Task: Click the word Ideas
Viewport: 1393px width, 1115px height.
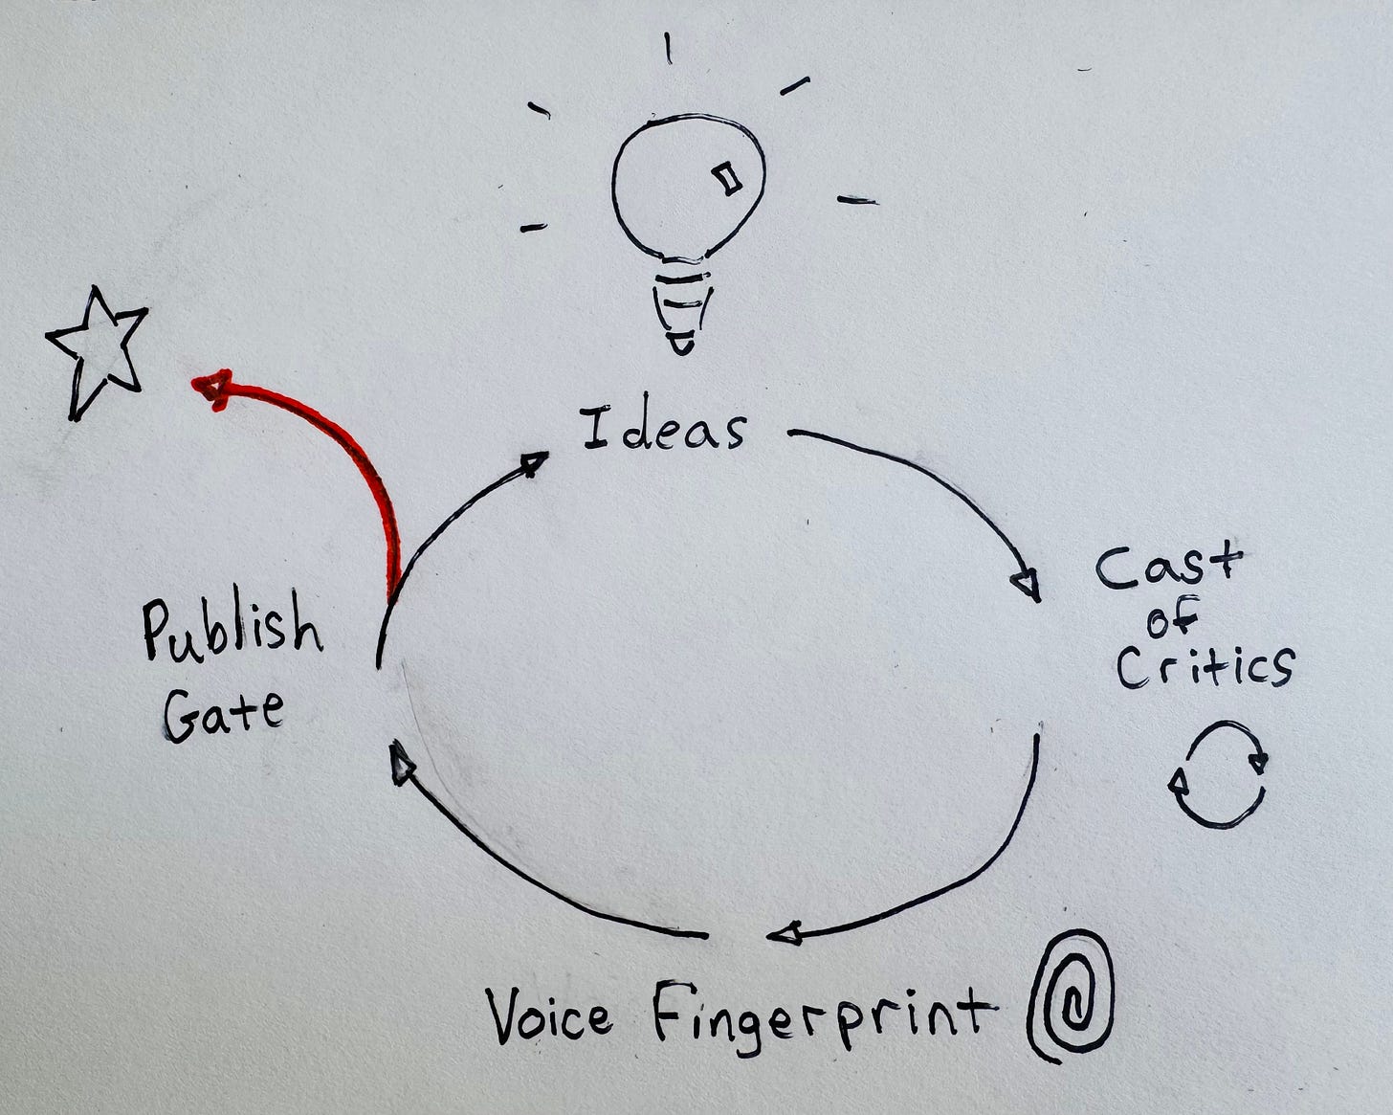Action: coord(664,429)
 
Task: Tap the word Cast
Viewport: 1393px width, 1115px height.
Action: coord(1169,568)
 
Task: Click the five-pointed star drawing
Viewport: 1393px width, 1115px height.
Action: coord(96,353)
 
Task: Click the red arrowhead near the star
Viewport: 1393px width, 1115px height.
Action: coord(212,390)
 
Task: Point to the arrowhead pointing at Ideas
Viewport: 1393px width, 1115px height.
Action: coord(535,462)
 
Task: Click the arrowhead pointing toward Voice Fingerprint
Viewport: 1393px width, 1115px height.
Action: coord(785,934)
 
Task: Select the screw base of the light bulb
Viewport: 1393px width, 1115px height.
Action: coord(682,304)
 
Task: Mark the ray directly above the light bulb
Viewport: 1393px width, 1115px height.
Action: coord(668,49)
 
